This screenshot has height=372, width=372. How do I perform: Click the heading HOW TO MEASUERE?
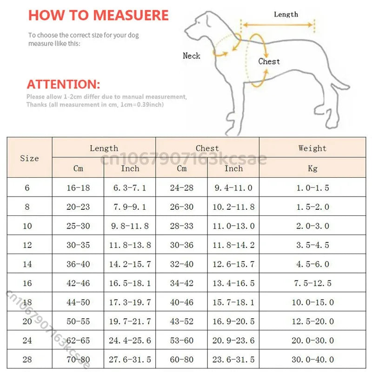coord(98,15)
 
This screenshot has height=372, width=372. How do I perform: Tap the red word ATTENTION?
coord(63,85)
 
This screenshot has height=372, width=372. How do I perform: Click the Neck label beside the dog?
coord(191,56)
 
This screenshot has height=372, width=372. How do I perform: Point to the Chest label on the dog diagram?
coord(269,61)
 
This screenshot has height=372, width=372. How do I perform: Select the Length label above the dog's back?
coord(286,14)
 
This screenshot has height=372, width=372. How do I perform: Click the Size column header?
coord(29,158)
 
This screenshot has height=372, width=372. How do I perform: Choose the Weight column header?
coord(312,148)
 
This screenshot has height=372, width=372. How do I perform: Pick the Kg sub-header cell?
coord(312,168)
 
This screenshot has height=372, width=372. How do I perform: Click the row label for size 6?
coord(27,188)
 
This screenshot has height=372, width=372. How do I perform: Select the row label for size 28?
coord(27,359)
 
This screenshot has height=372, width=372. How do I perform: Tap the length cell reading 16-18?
coord(78,188)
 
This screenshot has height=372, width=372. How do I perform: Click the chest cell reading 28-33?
coord(181,226)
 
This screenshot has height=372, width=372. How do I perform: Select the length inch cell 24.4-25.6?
coord(130,340)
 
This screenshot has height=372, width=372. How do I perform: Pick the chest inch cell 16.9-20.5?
coord(233,321)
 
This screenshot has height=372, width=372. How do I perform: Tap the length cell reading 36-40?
coord(78,264)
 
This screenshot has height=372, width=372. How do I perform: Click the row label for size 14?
coord(27,264)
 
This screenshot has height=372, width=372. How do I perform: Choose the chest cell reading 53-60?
coord(181,340)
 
